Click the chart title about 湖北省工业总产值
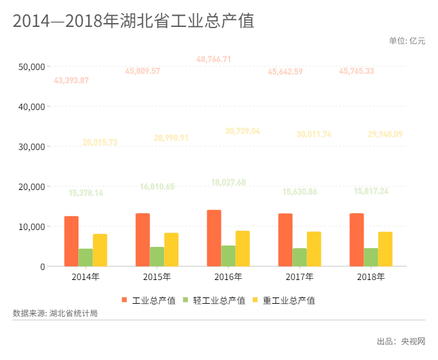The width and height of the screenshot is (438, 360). click(133, 21)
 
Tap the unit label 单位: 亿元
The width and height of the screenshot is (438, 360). click(407, 41)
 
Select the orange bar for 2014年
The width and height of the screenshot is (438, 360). click(71, 241)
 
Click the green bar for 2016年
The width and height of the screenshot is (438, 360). click(228, 256)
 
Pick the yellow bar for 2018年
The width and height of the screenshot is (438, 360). click(385, 249)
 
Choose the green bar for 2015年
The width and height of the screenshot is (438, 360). click(157, 256)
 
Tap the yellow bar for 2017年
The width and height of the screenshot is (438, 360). click(314, 249)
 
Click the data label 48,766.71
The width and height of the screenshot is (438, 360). click(214, 59)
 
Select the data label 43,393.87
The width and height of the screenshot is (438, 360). click(71, 81)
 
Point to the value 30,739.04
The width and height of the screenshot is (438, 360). click(242, 131)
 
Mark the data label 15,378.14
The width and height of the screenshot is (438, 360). click(86, 193)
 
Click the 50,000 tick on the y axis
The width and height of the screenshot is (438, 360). click(32, 66)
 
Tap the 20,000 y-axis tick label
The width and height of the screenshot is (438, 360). click(32, 186)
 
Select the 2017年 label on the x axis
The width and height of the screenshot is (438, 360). click(300, 276)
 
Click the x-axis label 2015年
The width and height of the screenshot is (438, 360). click(157, 276)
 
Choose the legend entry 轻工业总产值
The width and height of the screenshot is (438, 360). click(218, 301)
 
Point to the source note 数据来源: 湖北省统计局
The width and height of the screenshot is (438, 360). click(55, 313)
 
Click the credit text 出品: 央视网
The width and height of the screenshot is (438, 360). click(400, 341)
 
